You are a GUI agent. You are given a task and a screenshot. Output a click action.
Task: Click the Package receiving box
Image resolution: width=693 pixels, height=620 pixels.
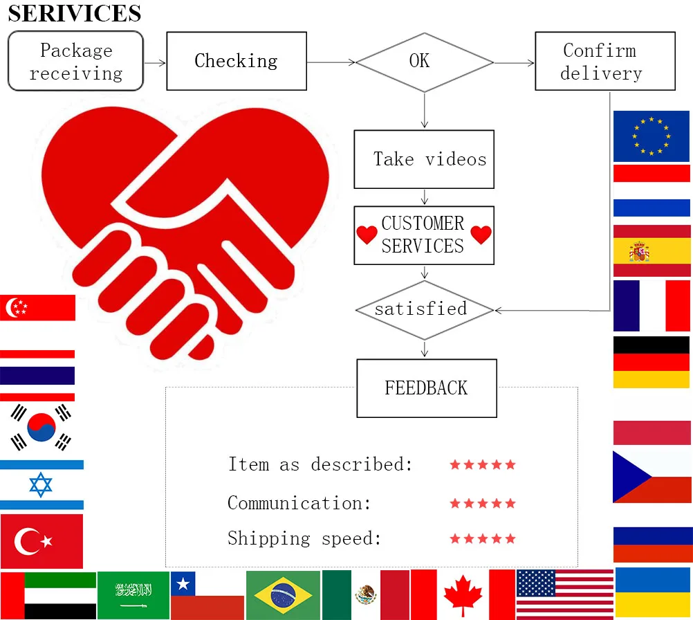point(75,61)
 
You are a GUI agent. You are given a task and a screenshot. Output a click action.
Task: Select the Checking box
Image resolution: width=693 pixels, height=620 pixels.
point(237,61)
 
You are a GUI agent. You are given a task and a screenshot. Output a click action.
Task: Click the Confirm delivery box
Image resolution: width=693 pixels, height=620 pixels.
point(604,61)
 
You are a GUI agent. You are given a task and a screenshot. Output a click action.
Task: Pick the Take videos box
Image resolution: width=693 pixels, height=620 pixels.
point(424,159)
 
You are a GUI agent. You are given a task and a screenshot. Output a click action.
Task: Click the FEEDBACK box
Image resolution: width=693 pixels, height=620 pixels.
point(427,387)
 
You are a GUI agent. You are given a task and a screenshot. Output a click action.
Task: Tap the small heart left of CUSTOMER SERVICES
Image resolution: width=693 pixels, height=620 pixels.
point(367,235)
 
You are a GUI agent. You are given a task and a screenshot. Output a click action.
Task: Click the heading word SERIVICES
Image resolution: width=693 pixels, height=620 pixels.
point(75,13)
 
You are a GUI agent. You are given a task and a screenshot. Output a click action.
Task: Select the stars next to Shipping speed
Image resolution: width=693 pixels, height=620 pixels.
point(483,538)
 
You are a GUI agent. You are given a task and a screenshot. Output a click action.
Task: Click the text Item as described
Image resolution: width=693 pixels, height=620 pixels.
point(320,464)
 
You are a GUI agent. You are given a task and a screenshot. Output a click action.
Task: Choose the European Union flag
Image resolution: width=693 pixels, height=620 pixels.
point(652,136)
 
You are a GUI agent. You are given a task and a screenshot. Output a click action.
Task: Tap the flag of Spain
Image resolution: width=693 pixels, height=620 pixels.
point(652,250)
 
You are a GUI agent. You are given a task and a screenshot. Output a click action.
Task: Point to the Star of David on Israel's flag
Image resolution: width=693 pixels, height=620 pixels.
point(41,484)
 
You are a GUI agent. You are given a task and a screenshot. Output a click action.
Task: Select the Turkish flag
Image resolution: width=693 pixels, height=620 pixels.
point(41,541)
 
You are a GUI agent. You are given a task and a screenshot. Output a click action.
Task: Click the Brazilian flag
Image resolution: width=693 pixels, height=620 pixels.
point(283,595)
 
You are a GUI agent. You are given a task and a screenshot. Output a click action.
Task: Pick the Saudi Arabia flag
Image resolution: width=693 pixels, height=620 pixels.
point(133,595)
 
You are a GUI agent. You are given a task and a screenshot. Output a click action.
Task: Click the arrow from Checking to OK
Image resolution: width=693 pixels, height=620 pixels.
point(331,62)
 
